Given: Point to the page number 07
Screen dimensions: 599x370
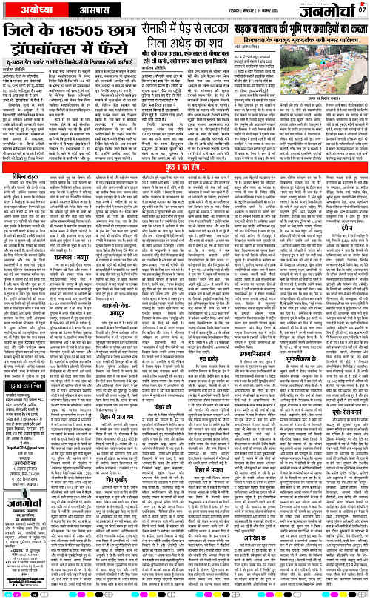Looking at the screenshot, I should click(x=363, y=9).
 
